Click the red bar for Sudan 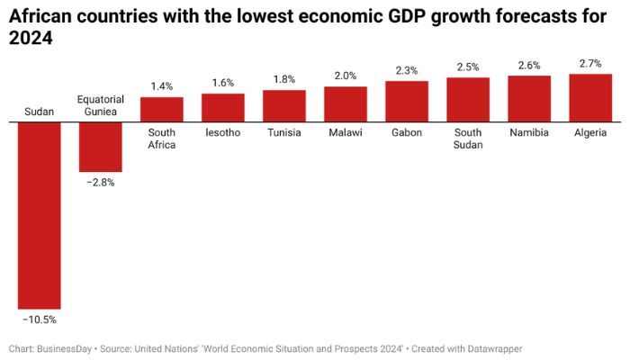(x=40, y=215)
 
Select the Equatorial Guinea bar (x=100, y=146)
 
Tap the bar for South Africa (x=162, y=109)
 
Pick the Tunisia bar (x=284, y=105)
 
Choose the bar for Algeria (x=590, y=97)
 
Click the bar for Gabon (x=407, y=101)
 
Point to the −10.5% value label (x=40, y=319)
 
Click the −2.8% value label (x=100, y=182)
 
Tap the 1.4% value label (x=162, y=86)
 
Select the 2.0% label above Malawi (x=346, y=76)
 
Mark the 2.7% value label (x=590, y=63)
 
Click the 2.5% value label (x=468, y=67)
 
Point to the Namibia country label (x=529, y=132)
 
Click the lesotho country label (x=223, y=132)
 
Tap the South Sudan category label (x=468, y=139)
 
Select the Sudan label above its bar (x=39, y=112)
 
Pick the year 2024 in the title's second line (x=28, y=39)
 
